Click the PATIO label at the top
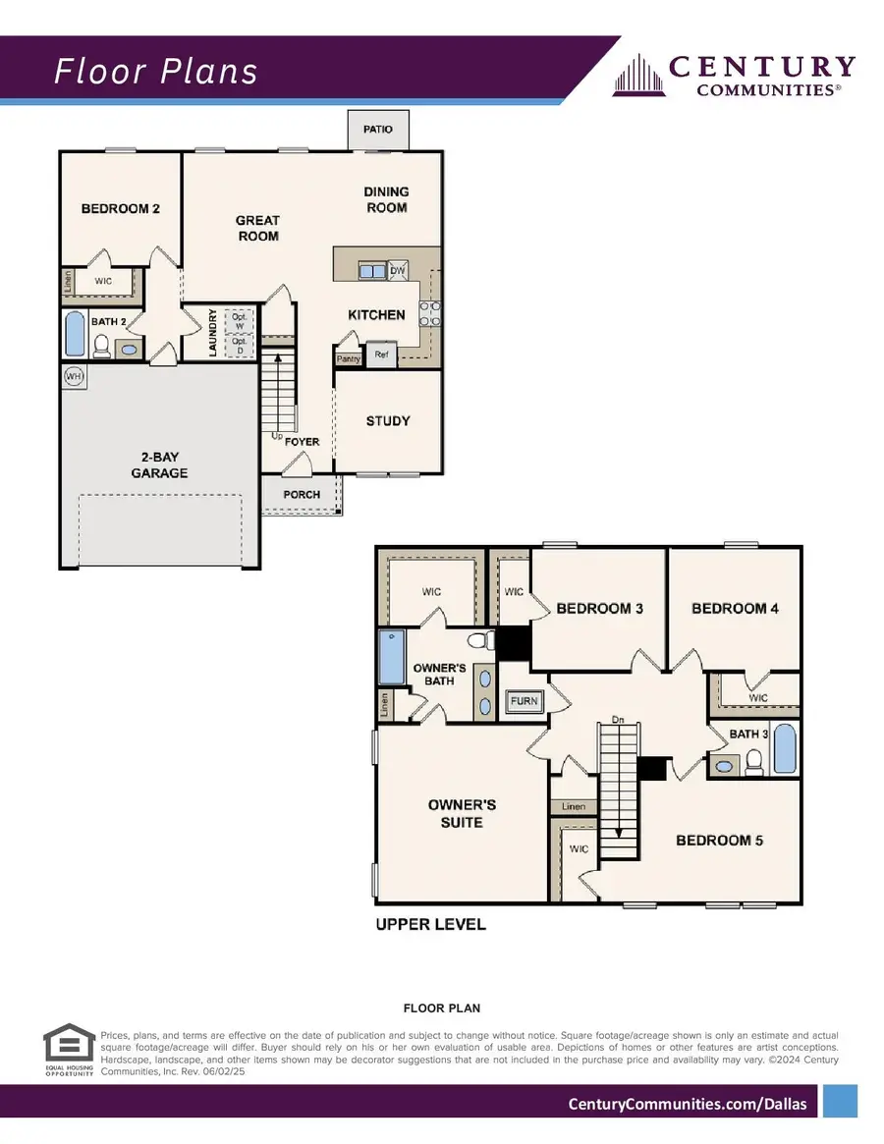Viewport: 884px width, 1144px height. pos(378,129)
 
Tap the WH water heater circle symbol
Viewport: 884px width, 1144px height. pos(73,376)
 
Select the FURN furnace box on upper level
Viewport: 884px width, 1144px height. pos(524,701)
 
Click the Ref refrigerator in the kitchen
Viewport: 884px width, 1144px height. pos(381,355)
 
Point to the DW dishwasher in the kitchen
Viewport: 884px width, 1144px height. pos(397,271)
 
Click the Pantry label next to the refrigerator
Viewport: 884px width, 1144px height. pos(348,358)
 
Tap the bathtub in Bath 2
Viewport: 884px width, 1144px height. pos(75,334)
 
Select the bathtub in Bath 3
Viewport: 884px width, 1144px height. pos(785,749)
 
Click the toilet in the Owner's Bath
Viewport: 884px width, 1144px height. pos(480,640)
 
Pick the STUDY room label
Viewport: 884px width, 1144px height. pos(388,420)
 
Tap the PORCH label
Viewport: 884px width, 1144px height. pos(302,494)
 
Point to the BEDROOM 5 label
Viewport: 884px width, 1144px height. pos(719,840)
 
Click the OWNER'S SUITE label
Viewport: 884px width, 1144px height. pos(462,813)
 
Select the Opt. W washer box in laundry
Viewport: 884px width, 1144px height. pos(239,320)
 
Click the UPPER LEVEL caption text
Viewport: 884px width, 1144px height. pos(431,924)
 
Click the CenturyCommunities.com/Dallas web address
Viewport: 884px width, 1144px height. pos(688,1104)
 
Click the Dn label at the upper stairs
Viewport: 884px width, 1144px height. pos(618,719)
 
